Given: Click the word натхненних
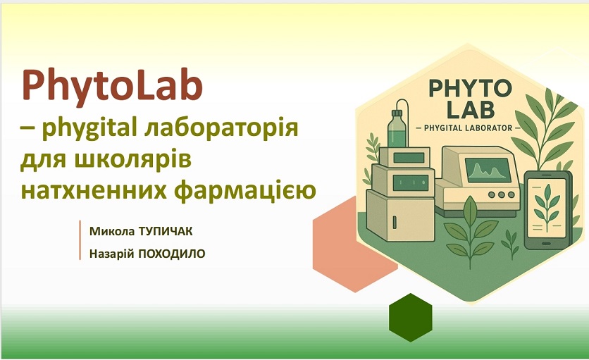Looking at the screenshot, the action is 94,190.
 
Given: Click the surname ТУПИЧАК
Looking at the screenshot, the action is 166,232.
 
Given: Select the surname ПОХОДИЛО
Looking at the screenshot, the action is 172,254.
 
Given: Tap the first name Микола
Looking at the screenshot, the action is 111,232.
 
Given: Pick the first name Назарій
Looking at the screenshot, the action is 111,254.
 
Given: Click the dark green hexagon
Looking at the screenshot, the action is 411,318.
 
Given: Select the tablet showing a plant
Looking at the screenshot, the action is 547,210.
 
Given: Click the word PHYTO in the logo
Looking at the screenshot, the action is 470,89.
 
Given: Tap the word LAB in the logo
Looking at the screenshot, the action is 471,109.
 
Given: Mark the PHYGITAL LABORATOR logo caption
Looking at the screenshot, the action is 468,128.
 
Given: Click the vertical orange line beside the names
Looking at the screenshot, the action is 80,240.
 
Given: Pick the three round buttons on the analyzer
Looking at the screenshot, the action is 502,194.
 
